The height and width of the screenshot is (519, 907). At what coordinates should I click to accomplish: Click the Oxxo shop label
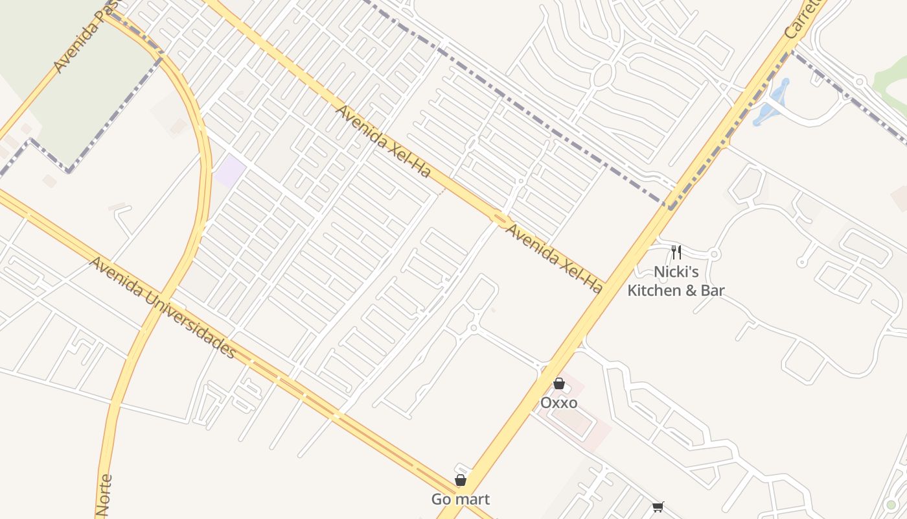coord(558,403)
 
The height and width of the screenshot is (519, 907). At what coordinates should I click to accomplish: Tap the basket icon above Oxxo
coord(558,384)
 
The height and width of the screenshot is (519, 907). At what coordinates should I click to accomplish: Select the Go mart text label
coord(461,499)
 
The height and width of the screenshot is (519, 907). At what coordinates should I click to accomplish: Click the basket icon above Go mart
coord(461,480)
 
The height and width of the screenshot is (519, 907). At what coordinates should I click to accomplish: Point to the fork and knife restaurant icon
coord(676,252)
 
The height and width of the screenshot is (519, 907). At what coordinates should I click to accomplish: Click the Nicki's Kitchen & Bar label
coord(676,281)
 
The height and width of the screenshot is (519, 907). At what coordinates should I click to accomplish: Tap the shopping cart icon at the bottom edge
coord(658,507)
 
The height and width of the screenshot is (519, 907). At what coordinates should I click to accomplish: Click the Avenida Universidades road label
coord(162,308)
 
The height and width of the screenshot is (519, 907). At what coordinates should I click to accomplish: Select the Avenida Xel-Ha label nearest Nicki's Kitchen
coord(553,258)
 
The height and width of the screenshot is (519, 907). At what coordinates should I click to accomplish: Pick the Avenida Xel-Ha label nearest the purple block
coord(383,141)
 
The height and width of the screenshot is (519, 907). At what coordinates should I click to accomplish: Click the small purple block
coord(231,171)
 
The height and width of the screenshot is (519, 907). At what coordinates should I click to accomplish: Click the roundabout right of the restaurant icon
coord(714,254)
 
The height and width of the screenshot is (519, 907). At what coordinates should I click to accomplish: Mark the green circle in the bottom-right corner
coord(891,505)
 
